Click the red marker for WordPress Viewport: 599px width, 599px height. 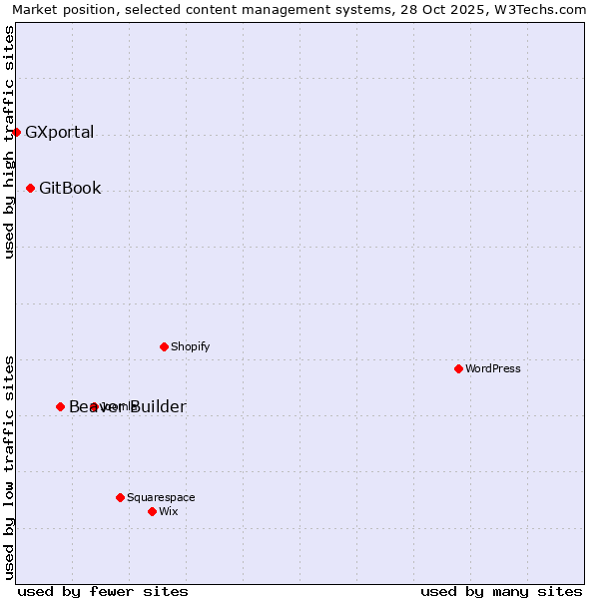[x=458, y=368]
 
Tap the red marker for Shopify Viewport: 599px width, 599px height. [x=164, y=346]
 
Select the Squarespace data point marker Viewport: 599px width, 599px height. [x=120, y=497]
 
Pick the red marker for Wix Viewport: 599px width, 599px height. [x=152, y=511]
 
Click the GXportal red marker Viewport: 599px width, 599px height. [x=16, y=132]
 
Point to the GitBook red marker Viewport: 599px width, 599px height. [x=30, y=188]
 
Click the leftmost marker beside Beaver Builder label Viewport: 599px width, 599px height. [x=60, y=406]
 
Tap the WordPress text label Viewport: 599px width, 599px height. [x=493, y=368]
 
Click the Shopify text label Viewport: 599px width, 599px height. [x=190, y=346]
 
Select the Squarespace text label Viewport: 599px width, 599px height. [x=161, y=497]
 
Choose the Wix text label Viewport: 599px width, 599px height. [x=168, y=511]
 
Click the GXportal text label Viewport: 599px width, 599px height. [x=59, y=132]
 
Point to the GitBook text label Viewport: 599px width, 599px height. [x=70, y=188]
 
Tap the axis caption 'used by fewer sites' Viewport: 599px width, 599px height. [x=103, y=591]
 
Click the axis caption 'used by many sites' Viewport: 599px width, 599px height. [x=501, y=591]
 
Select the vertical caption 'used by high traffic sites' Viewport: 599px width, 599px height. [x=9, y=142]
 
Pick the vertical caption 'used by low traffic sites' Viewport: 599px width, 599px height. [x=9, y=466]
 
